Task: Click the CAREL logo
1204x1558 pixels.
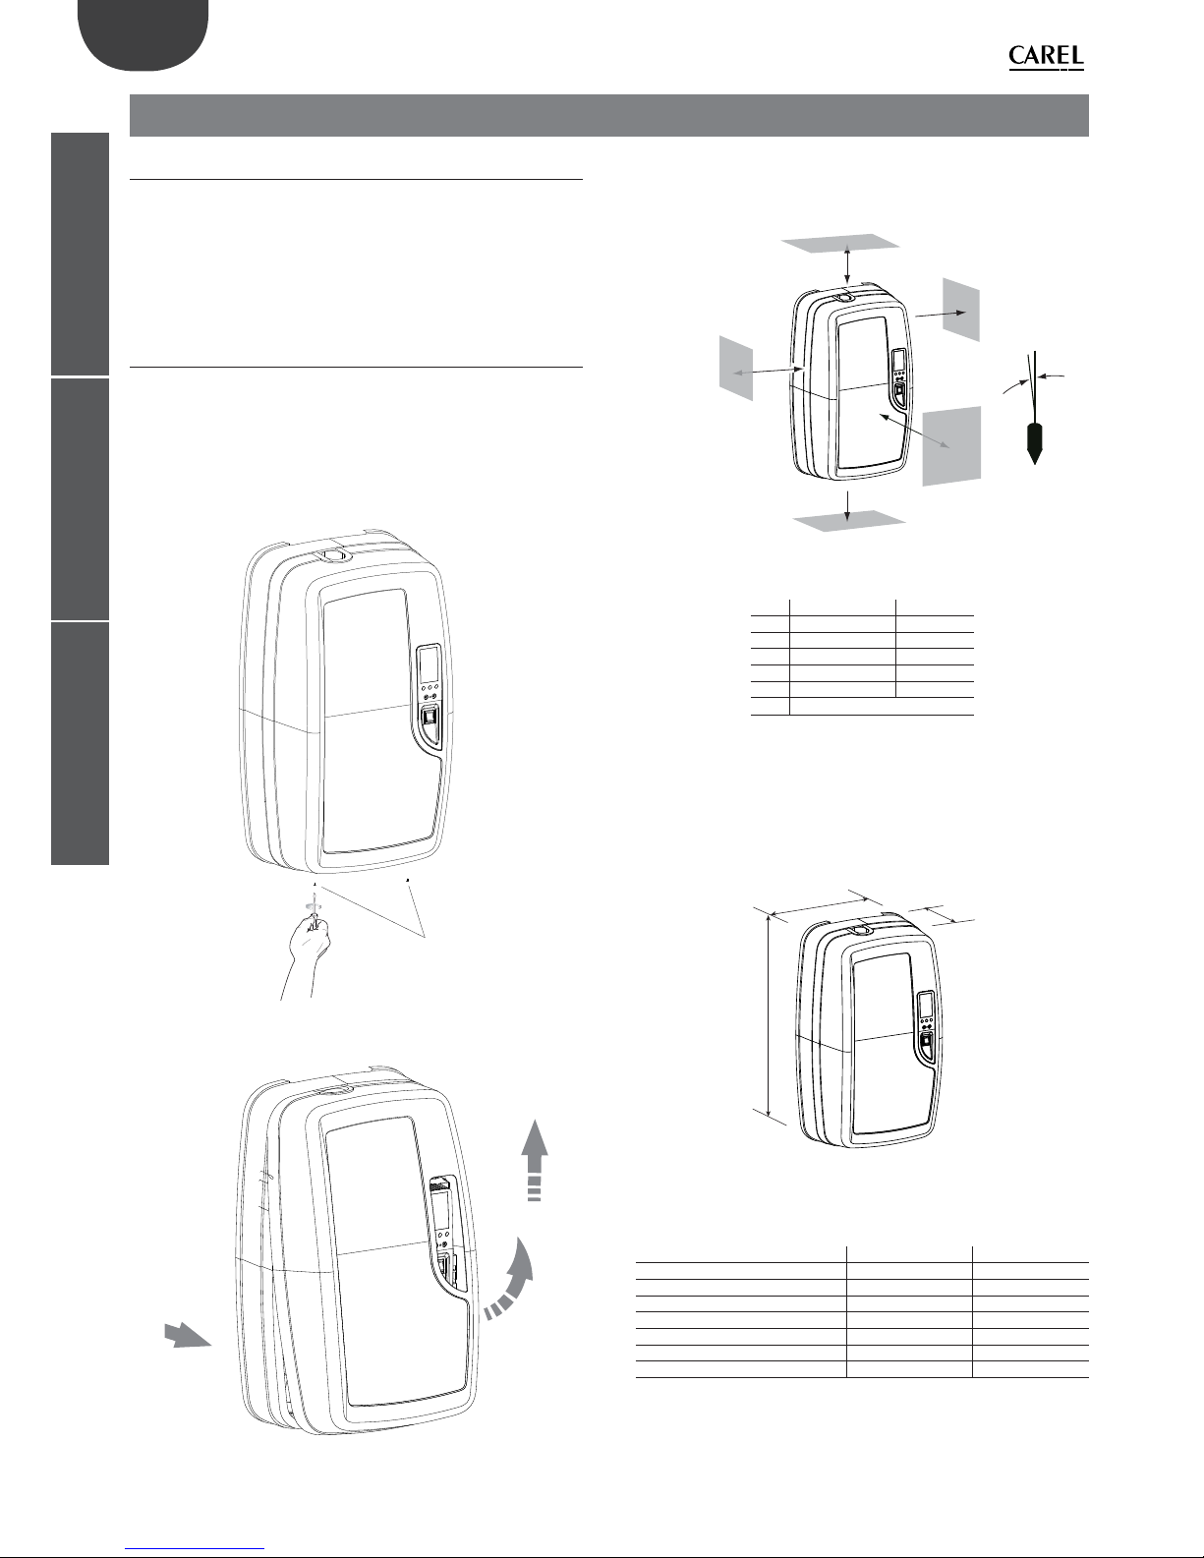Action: [x=1047, y=57]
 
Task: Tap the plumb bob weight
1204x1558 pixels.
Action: [x=1034, y=443]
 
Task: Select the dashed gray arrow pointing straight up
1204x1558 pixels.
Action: [x=534, y=1159]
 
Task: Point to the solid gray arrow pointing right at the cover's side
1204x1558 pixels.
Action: [x=188, y=1336]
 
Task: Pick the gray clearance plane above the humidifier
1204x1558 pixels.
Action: [x=840, y=243]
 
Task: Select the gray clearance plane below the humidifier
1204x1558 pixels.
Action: [x=849, y=521]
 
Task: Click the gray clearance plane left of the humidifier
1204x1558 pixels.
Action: [x=736, y=368]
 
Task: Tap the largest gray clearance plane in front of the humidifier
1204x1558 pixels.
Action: [x=951, y=446]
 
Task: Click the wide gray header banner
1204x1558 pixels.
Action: [x=609, y=115]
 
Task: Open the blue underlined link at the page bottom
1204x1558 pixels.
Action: [x=195, y=1549]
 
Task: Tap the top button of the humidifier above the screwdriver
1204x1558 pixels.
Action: [x=331, y=555]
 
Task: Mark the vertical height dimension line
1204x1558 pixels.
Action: [x=769, y=1016]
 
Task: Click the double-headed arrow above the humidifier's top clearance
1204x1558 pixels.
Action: [x=848, y=263]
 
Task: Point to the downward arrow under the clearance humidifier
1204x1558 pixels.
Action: [x=848, y=506]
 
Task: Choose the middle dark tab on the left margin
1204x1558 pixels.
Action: [x=81, y=499]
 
